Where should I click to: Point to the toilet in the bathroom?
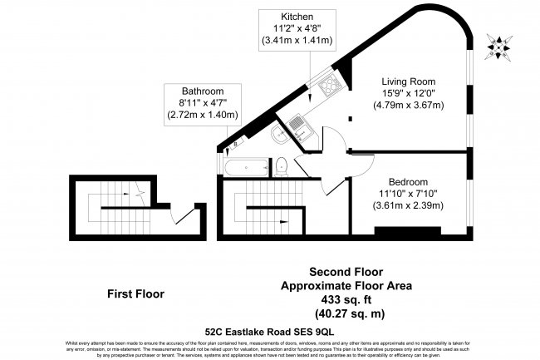click(x=282, y=164)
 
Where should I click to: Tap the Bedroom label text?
click(x=409, y=182)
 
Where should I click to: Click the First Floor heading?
click(x=136, y=293)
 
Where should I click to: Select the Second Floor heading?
click(x=348, y=271)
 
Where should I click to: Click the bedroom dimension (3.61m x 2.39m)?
click(x=409, y=206)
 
